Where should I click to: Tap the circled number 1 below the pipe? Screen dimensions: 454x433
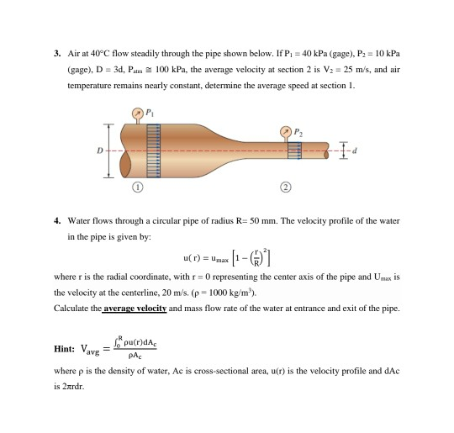pyautogui.click(x=140, y=187)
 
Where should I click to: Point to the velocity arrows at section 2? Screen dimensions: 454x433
pyautogui.click(x=295, y=151)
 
